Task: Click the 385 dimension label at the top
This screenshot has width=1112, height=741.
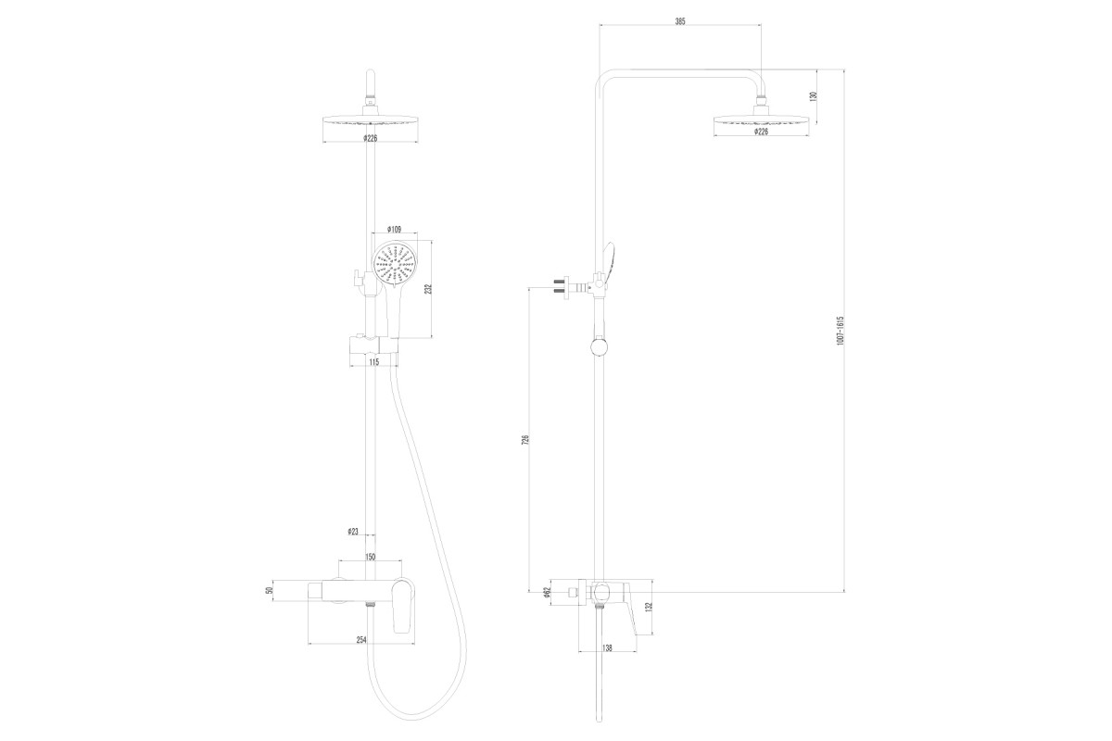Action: (x=679, y=21)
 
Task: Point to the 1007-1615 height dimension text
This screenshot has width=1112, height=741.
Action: (x=840, y=331)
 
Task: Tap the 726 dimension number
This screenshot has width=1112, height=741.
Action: (x=525, y=439)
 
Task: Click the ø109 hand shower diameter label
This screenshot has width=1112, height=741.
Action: (x=394, y=230)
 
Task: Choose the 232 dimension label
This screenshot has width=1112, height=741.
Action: (x=428, y=289)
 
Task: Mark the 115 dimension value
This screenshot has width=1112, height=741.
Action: (x=373, y=362)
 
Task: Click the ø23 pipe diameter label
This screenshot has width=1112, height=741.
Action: (x=352, y=532)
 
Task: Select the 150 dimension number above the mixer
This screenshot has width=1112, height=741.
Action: (x=371, y=557)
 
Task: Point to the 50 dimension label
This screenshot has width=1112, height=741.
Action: (x=270, y=591)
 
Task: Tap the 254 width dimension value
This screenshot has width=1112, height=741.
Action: (x=360, y=640)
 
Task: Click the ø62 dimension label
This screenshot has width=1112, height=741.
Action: (x=547, y=593)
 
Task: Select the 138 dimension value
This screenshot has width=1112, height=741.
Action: (x=607, y=647)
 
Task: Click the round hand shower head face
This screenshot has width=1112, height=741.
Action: (x=395, y=264)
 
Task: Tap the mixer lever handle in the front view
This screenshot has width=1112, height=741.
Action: (x=402, y=607)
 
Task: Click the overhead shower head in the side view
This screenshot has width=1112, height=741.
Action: (x=761, y=120)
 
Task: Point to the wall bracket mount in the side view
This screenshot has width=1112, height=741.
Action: (x=571, y=287)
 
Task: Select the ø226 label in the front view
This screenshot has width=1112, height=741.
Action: (x=371, y=138)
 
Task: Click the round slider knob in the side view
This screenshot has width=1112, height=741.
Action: (x=600, y=346)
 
